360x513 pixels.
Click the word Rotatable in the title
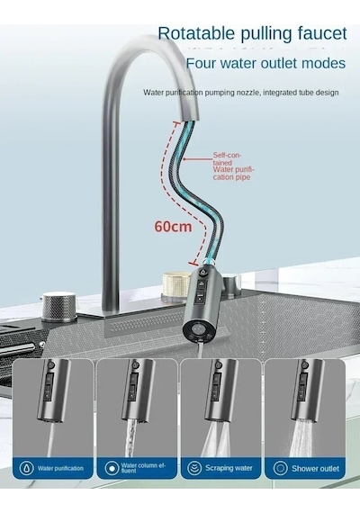tap(196, 33)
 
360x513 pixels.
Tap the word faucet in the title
tap(322, 33)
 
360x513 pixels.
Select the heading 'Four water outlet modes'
tap(265, 63)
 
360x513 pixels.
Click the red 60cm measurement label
tap(173, 226)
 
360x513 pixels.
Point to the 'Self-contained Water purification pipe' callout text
tap(233, 166)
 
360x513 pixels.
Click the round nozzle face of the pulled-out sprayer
tap(198, 330)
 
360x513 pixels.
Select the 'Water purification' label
tap(60, 468)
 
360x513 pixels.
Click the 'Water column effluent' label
tap(143, 468)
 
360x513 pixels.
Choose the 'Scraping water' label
tap(229, 468)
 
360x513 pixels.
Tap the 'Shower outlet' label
tap(315, 469)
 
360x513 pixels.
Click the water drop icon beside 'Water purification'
tap(26, 468)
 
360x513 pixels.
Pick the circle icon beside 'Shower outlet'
tap(280, 468)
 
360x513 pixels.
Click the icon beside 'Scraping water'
tap(194, 468)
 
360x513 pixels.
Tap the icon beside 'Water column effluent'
tap(112, 468)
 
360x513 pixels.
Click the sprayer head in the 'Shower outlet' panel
tap(306, 389)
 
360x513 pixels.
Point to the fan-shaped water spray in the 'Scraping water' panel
tap(218, 438)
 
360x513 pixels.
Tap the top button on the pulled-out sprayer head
tap(202, 272)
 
